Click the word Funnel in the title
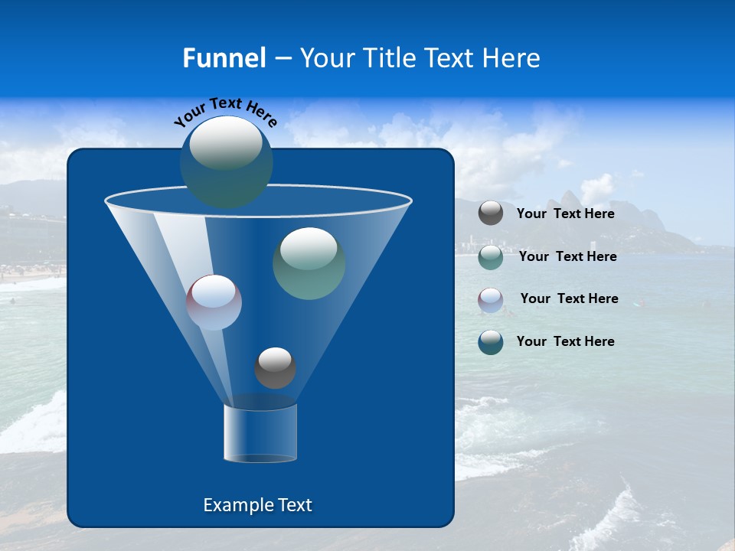[224, 57]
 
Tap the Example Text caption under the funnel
[257, 505]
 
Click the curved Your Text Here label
[226, 111]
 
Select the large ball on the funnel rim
[227, 162]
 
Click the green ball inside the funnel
[309, 263]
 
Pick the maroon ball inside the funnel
[214, 302]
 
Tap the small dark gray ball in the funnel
[275, 368]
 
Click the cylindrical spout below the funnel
[260, 433]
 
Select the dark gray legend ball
[491, 214]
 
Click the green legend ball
[491, 257]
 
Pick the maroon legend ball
[491, 299]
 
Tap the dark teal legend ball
[491, 341]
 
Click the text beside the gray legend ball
[565, 214]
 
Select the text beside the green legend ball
[567, 256]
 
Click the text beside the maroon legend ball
[569, 298]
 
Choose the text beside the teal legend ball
[565, 341]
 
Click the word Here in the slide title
[512, 57]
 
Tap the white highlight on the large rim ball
[226, 143]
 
